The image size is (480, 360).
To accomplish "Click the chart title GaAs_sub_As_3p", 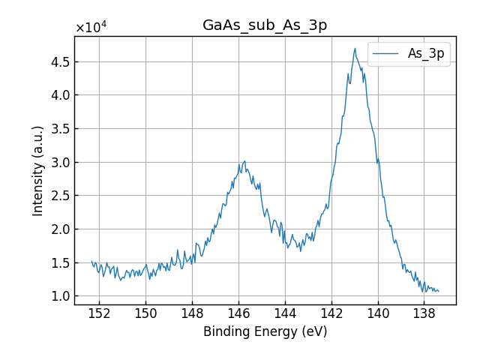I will click(x=265, y=25).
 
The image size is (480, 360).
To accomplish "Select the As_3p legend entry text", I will click(x=426, y=54).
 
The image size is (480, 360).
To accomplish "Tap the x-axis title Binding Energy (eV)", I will click(x=265, y=331).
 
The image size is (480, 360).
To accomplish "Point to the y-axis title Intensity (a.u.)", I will click(x=38, y=170).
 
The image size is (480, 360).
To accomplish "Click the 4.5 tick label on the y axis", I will click(x=60, y=61).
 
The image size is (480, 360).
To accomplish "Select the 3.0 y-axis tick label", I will click(x=60, y=162).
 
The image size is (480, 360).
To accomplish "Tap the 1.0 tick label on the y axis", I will click(x=60, y=296).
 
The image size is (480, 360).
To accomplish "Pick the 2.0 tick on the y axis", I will click(x=60, y=229).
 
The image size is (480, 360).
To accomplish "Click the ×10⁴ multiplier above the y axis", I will click(x=91, y=28).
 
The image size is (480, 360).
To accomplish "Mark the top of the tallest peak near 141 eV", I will click(x=355, y=49).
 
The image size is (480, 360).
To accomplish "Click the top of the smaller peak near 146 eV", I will click(x=244, y=160).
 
